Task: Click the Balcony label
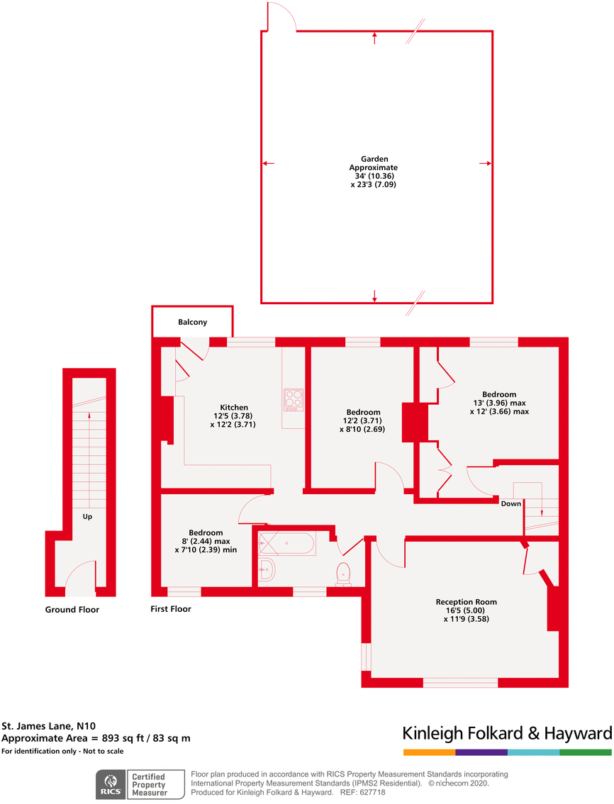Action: tap(192, 322)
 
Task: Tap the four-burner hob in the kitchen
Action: tap(294, 400)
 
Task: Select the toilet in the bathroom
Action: tap(344, 572)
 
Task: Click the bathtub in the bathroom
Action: tap(286, 543)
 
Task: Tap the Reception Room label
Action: tap(466, 602)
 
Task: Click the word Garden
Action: tap(374, 159)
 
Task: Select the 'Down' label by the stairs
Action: tap(510, 503)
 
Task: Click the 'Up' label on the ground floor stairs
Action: tap(88, 517)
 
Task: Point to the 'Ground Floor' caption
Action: tap(72, 610)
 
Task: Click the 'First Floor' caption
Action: tap(171, 609)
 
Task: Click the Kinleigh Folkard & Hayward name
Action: tap(506, 733)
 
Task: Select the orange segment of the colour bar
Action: tap(429, 752)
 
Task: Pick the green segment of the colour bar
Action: tap(585, 752)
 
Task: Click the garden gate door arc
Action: tap(282, 16)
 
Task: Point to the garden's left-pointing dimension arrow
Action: tap(268, 164)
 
